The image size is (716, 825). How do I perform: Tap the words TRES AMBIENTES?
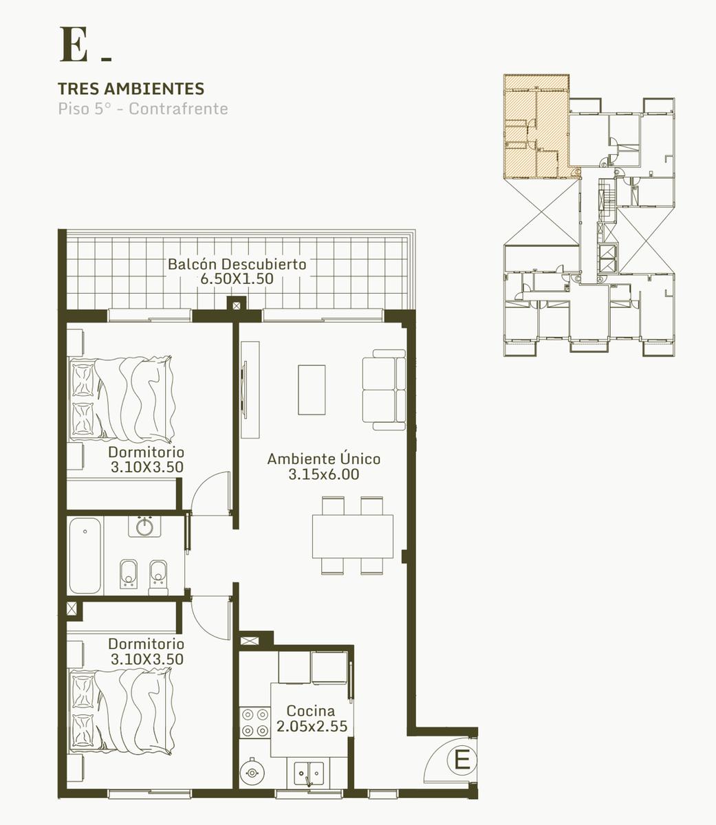tap(131, 89)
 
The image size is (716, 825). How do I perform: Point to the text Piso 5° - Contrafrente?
tap(143, 109)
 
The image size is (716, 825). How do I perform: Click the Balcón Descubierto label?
tap(237, 264)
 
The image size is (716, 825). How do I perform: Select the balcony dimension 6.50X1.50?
tap(237, 278)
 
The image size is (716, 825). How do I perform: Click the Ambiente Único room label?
tap(323, 459)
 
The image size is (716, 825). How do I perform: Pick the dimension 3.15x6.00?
tap(323, 474)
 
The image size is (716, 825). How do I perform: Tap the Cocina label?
tap(311, 710)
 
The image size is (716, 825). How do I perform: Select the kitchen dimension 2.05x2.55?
tap(312, 726)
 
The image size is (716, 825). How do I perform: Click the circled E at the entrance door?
tap(462, 760)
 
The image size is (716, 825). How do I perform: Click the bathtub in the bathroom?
tap(85, 555)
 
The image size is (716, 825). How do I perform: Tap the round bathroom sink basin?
tap(144, 527)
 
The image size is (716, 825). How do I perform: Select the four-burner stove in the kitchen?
tap(255, 723)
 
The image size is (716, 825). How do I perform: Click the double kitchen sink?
tap(309, 773)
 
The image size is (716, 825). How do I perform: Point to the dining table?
tap(353, 537)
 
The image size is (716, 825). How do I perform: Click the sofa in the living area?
tap(384, 390)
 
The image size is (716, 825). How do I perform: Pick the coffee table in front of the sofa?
tap(312, 390)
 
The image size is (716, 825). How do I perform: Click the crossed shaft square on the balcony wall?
tap(237, 306)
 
